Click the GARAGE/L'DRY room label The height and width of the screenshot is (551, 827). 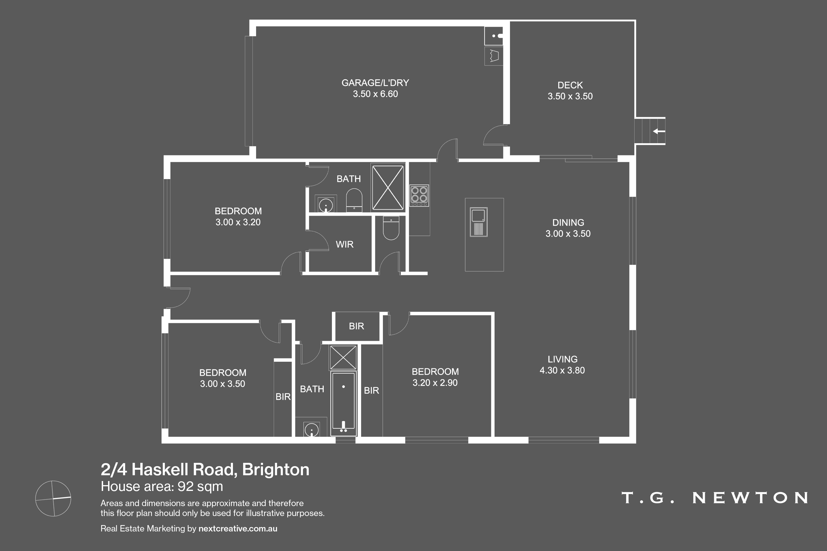pos(375,83)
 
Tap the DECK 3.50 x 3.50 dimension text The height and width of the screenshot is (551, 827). pos(570,96)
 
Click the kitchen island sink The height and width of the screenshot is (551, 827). pos(479,222)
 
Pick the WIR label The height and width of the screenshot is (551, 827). pos(345,245)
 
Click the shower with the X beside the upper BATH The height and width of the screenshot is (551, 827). pos(388,188)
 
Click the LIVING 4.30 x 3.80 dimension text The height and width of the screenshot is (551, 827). pos(562,370)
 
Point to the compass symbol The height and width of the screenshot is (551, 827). pos(53,498)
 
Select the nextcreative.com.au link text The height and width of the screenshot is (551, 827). pos(238,528)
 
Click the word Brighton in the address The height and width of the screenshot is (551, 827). pos(276,470)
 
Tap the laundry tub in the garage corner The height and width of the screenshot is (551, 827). pos(494,36)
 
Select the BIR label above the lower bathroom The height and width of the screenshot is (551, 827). pos(356,326)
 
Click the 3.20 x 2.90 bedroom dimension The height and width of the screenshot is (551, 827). pos(435,383)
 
